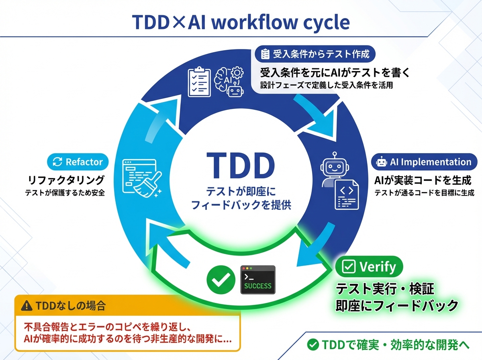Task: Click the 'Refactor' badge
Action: pos(78,162)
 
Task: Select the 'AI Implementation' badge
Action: pos(425,162)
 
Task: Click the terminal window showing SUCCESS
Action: pos(257,280)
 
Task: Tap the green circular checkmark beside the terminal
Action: pos(221,280)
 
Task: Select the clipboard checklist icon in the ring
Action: pos(199,82)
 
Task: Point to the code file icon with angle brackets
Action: pos(346,194)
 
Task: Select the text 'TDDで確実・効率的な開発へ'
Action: pos(390,344)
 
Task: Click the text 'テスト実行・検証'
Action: pos(385,288)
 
